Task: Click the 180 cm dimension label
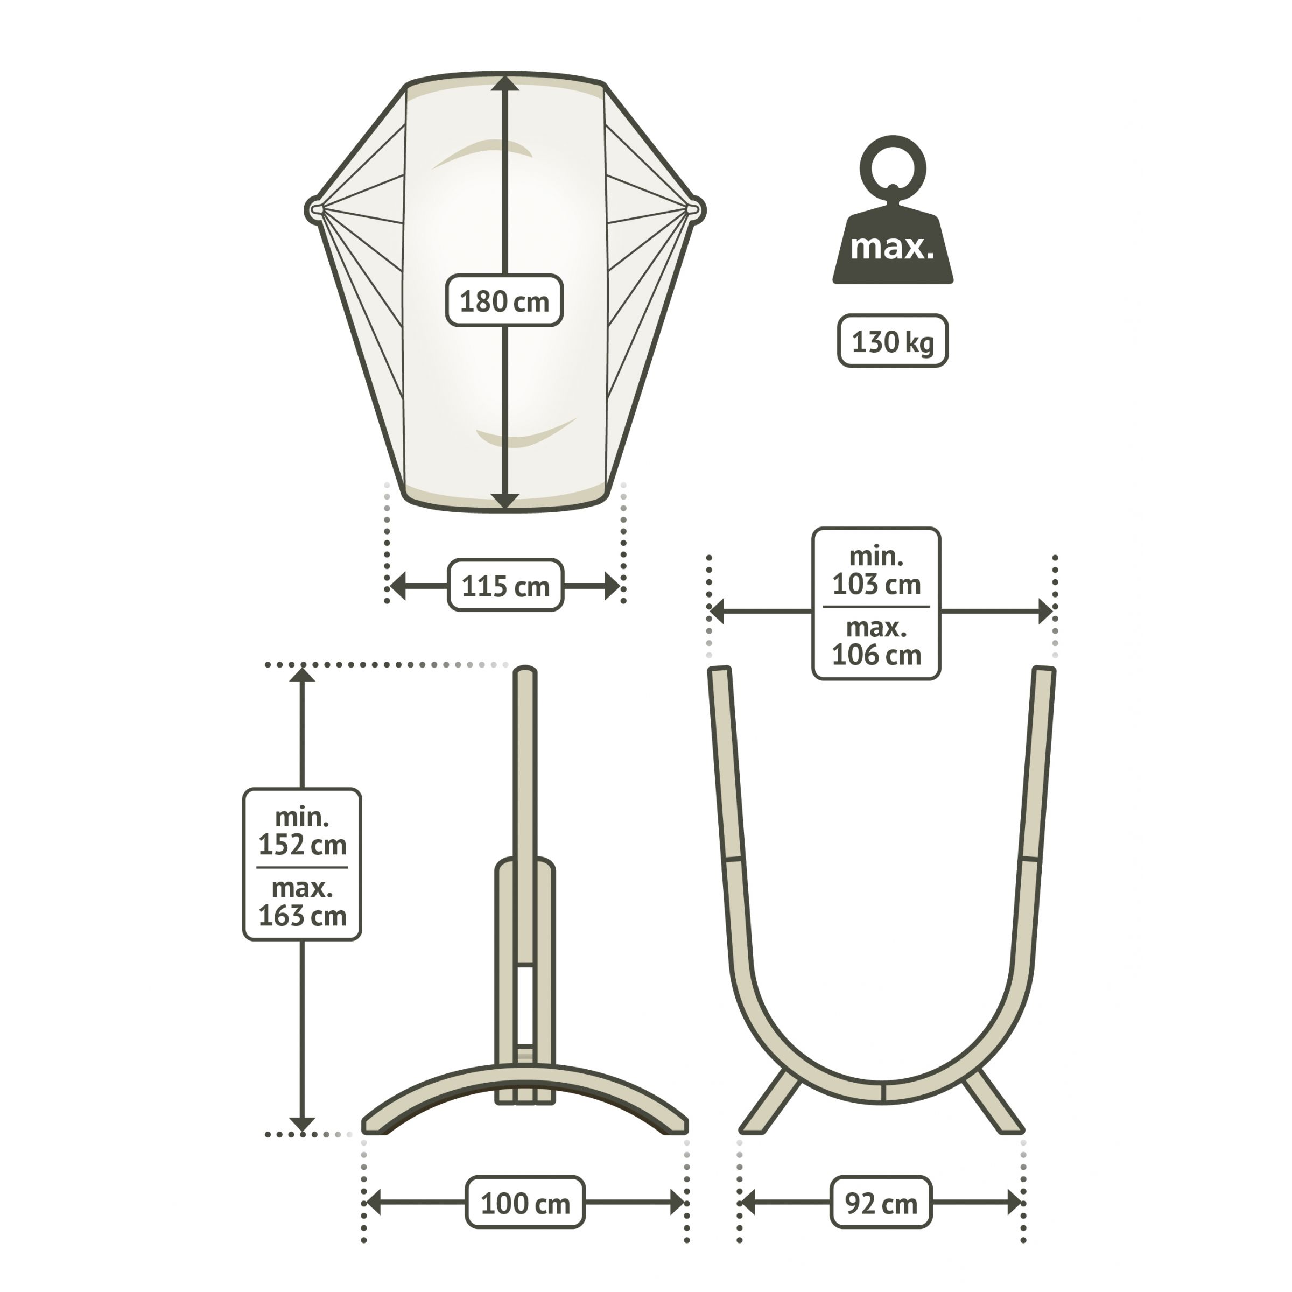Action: tap(504, 301)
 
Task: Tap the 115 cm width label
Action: tap(505, 586)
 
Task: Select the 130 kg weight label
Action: tap(893, 341)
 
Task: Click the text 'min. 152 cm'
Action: tap(302, 831)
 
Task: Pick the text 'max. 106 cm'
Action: tap(876, 641)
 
